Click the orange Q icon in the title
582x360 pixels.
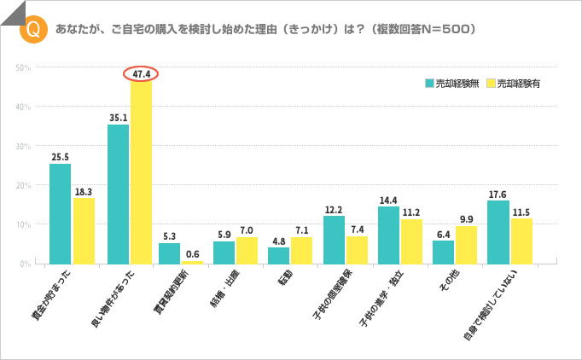[x=32, y=28]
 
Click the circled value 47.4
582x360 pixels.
[x=142, y=74]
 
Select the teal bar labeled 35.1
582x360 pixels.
[x=119, y=195]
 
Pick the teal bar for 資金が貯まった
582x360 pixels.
[x=60, y=213]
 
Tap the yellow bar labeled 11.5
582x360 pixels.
[x=521, y=241]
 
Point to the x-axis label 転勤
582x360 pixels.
[x=282, y=277]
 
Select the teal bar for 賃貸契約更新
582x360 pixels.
[x=170, y=253]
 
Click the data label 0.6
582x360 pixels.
[x=194, y=254]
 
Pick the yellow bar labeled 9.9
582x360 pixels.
[x=466, y=245]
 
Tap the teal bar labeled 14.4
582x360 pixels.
[x=388, y=235]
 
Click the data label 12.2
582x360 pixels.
[x=334, y=209]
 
